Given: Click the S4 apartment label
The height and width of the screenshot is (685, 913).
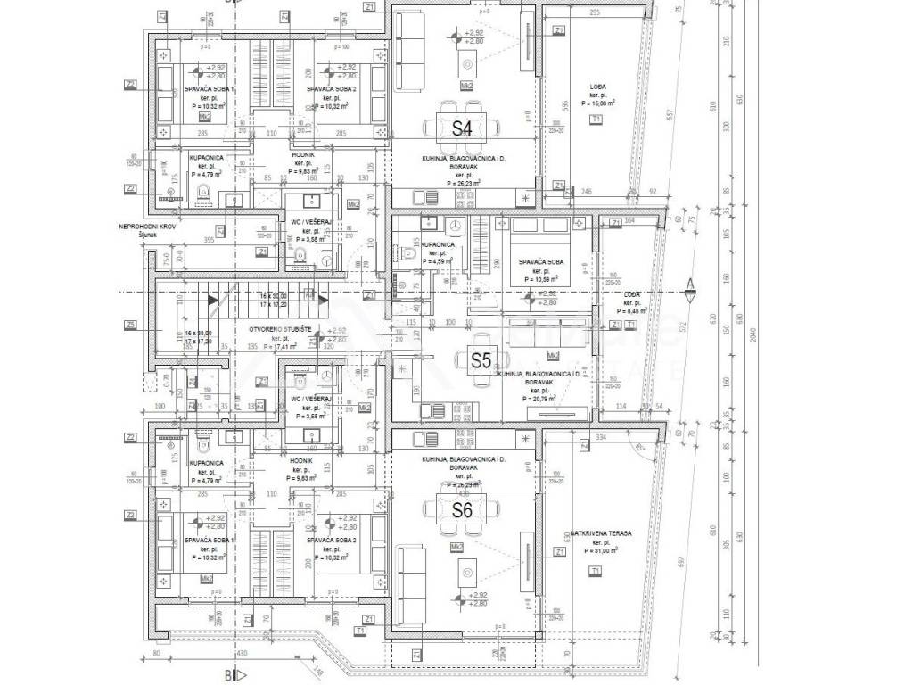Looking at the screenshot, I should coord(461,128).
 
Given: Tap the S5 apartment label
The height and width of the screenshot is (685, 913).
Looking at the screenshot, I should coord(481,360).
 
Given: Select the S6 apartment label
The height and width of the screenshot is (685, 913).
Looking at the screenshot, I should coord(461,511).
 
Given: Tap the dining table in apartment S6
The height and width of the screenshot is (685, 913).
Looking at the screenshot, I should coord(460,510).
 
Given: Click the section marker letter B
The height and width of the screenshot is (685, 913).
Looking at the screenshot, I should coord(228,675).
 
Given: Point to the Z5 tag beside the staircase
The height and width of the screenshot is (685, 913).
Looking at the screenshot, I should coord(131,324).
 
